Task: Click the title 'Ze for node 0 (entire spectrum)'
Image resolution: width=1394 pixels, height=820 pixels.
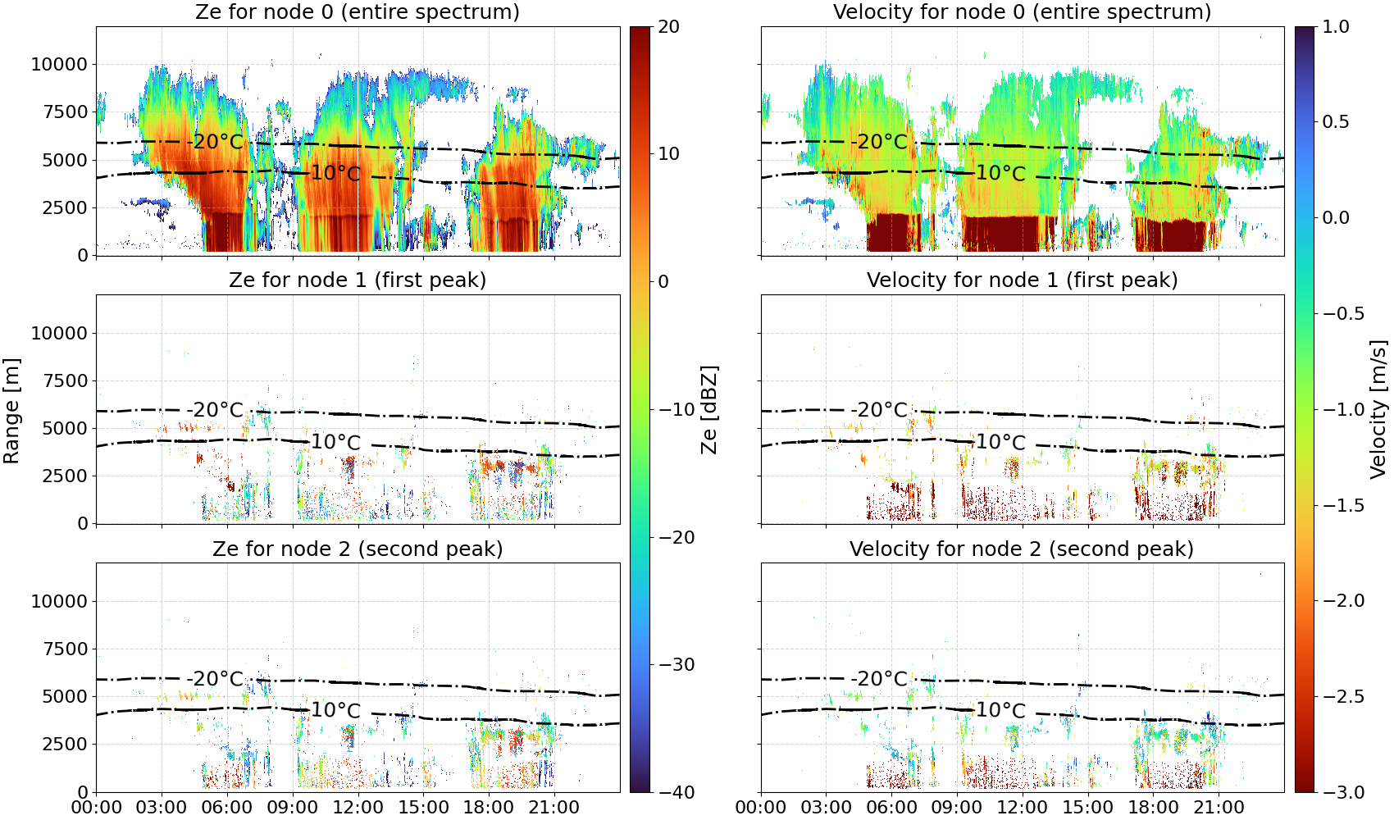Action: [x=358, y=11]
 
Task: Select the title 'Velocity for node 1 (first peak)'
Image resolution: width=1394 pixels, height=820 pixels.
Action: [x=1023, y=280]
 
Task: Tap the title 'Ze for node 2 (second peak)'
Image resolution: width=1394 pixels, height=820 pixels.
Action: [x=358, y=549]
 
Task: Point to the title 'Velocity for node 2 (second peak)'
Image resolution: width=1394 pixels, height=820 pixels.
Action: [x=1022, y=549]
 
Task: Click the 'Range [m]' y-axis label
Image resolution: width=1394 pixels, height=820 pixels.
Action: [x=11, y=412]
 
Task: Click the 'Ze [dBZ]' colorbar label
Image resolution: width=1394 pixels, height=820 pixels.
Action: [x=708, y=410]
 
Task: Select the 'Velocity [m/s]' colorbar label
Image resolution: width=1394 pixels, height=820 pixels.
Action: [x=1378, y=409]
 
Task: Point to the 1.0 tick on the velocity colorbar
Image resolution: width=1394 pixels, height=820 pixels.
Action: [x=1336, y=27]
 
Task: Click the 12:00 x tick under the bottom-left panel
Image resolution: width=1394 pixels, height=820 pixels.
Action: [x=358, y=808]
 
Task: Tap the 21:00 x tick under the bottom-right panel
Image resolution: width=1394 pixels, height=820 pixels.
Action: [x=1219, y=808]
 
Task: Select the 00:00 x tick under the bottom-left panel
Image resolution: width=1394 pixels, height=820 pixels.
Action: [x=97, y=808]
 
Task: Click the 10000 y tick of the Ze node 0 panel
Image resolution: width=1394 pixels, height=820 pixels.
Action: [x=60, y=64]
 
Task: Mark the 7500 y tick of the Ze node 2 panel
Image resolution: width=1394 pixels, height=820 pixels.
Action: [x=66, y=649]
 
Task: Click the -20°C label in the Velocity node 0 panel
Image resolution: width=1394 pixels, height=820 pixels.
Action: [x=879, y=142]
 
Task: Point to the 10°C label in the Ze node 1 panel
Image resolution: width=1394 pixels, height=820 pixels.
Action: [x=336, y=442]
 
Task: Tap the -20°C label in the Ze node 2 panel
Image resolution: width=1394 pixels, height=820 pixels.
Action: [x=215, y=678]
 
